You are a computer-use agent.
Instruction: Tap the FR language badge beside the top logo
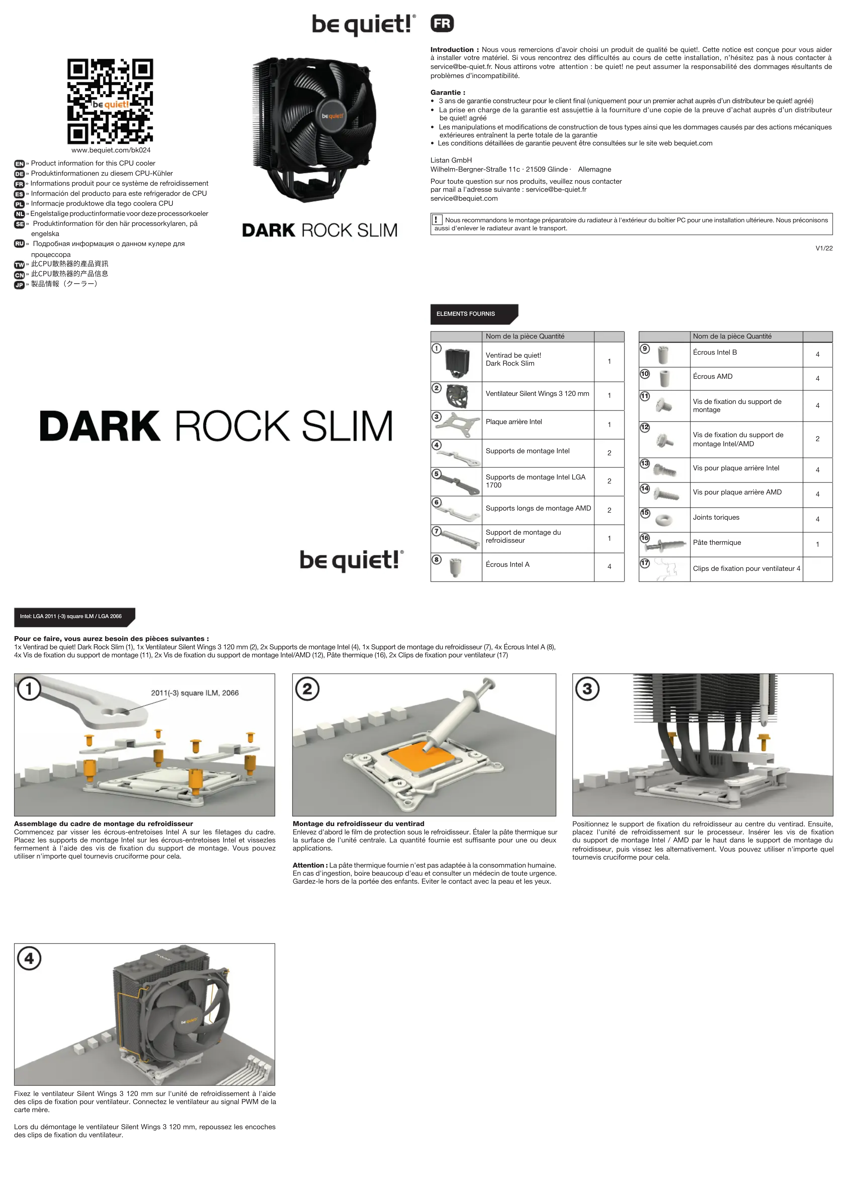(442, 24)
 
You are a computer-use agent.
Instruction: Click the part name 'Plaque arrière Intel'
(514, 422)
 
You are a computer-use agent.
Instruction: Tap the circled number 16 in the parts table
(645, 538)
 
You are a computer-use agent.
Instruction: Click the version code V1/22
(823, 248)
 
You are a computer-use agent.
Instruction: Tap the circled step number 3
(587, 689)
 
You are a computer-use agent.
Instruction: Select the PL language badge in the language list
(19, 204)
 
